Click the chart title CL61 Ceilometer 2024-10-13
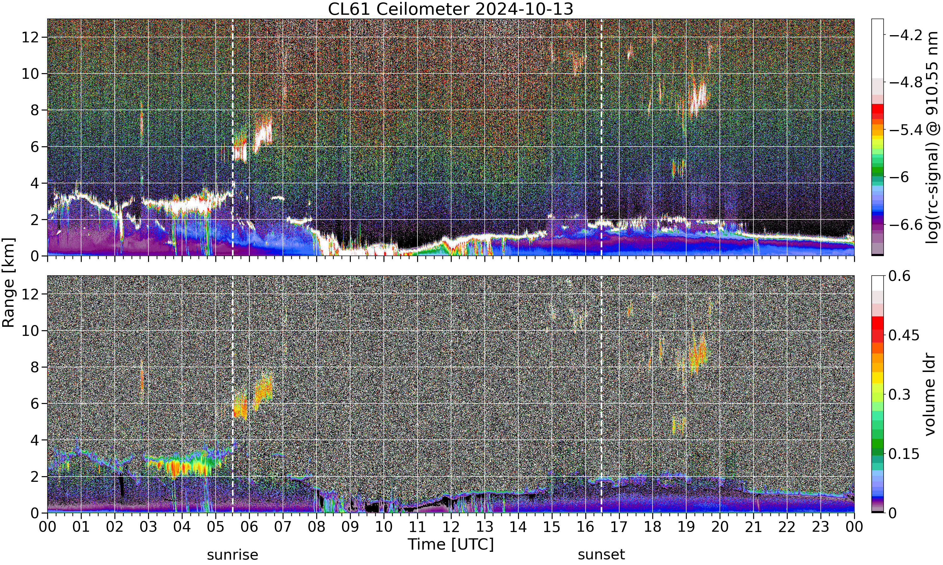click(x=450, y=9)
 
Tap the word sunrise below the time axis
click(x=233, y=555)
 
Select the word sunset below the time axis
click(x=601, y=555)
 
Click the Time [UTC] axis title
click(x=450, y=545)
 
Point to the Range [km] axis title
click(x=8, y=282)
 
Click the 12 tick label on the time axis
click(x=451, y=527)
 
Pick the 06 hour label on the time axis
click(x=249, y=527)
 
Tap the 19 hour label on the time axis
click(x=686, y=527)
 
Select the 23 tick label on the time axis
click(x=821, y=527)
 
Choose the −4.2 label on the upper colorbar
click(x=906, y=35)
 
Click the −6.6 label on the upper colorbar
click(x=906, y=225)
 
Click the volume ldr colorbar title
click(x=930, y=395)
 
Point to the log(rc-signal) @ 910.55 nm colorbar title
click(x=932, y=137)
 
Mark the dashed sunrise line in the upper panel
click(x=233, y=137)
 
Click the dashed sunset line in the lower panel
click(x=601, y=394)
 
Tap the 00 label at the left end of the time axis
click(x=48, y=527)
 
